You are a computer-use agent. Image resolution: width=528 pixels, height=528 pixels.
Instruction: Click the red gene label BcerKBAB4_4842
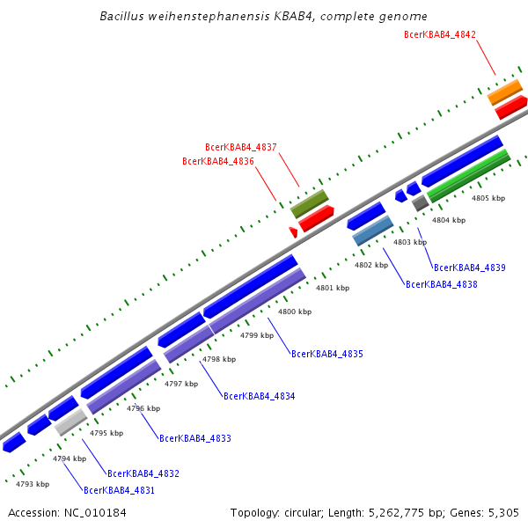439,34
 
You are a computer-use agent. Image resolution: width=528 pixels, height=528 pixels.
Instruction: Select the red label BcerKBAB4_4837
240,147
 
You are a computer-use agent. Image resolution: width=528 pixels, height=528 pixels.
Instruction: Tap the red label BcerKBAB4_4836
217,161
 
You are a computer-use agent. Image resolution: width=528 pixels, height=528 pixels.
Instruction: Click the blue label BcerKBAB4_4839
469,268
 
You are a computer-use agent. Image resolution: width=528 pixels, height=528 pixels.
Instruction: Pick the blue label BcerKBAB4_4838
441,284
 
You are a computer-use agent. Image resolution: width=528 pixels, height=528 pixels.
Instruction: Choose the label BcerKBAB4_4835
326,354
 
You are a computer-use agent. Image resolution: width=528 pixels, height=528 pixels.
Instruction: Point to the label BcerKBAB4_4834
259,396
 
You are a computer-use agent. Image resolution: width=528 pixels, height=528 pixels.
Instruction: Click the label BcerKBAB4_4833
194,437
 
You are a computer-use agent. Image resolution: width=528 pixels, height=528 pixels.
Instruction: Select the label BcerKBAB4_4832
143,473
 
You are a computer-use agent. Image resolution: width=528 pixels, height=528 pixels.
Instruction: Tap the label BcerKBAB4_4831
119,490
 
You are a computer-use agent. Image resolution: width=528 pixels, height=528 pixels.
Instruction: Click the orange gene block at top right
505,92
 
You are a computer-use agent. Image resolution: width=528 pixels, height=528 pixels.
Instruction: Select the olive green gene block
309,203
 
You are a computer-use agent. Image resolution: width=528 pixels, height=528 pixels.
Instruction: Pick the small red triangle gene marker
293,231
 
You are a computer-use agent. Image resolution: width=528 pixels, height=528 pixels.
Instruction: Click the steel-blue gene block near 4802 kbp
372,231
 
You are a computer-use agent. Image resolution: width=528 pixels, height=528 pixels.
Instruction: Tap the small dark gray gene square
420,202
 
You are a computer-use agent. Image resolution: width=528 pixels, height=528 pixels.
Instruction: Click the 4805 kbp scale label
488,199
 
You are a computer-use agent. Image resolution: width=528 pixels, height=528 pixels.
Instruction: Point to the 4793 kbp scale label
33,484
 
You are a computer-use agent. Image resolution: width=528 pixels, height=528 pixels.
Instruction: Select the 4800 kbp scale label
295,312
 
